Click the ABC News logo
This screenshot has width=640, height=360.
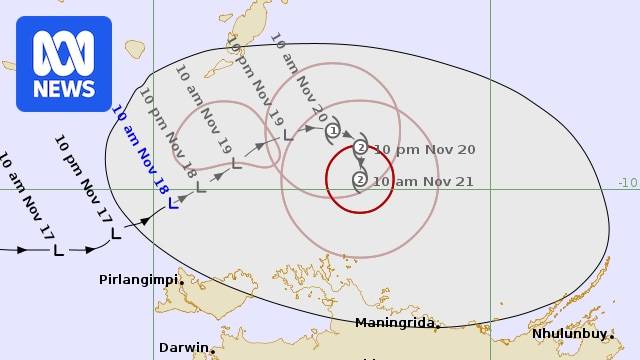pos(63,63)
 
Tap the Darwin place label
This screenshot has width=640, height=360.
pos(183,348)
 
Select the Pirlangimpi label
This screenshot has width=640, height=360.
pos(138,279)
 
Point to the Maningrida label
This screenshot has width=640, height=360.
pos(395,322)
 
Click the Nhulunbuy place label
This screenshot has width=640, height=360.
pos(568,333)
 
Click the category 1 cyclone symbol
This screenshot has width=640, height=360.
pos(333,130)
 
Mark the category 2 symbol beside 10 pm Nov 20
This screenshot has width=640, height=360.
pos(360,148)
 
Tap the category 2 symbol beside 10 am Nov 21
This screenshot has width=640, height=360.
pos(359,180)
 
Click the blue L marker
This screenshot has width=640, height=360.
pos(173,203)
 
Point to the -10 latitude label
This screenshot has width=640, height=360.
pos(627,182)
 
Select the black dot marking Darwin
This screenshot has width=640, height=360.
pos(213,350)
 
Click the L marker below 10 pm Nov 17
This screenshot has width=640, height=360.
pos(115,233)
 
